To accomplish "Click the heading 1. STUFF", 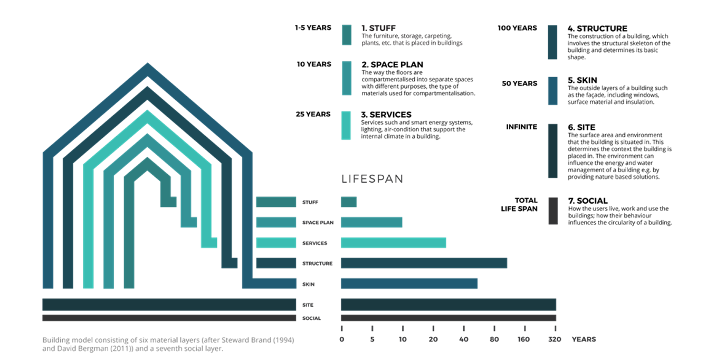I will (378, 29).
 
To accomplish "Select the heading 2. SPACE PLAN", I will (392, 65).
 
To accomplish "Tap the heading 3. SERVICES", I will (386, 115).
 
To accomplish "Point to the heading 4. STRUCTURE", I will (597, 29).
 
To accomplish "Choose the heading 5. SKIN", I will (582, 80).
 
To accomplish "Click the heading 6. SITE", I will (581, 127).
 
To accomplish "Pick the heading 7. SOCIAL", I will (588, 201).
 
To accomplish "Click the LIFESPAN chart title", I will (372, 179).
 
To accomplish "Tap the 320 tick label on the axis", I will (555, 339).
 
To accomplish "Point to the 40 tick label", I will (463, 339).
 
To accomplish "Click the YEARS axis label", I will (584, 339).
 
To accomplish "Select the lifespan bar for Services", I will (393, 243).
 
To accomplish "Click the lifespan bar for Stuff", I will (349, 202).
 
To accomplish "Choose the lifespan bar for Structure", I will (424, 263).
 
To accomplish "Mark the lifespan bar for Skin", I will (409, 284).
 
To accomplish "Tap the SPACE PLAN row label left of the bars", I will (318, 223).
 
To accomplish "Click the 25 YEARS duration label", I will (313, 115).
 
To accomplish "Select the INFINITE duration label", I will (521, 127).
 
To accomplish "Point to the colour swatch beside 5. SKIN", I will (552, 91).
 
